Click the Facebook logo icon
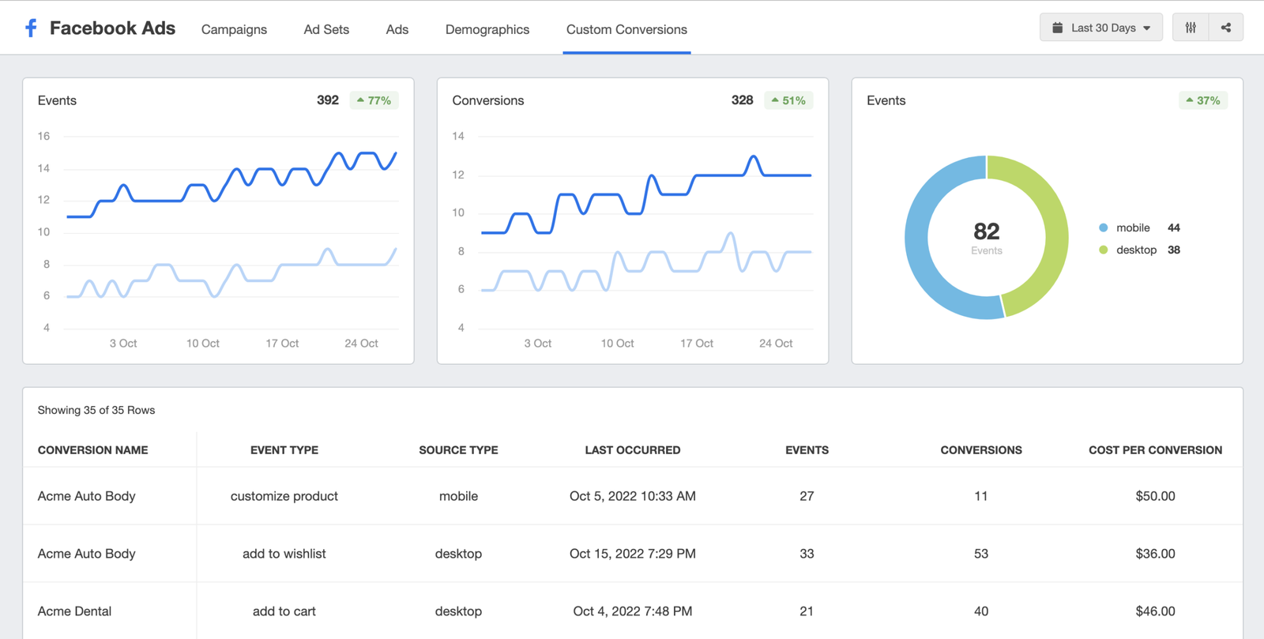coord(31,28)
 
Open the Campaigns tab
coord(234,29)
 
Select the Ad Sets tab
coord(326,29)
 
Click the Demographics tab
coord(487,29)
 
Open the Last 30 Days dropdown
coord(1101,28)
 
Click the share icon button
coord(1226,28)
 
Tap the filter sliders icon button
coord(1191,28)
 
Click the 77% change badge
coord(374,100)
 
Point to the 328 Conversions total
coord(742,100)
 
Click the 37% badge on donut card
coord(1203,100)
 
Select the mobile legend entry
coord(1132,227)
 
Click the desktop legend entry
coord(1135,250)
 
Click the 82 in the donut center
coord(987,231)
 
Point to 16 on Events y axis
coord(43,136)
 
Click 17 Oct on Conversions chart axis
coord(696,344)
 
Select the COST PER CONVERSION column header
coord(1155,450)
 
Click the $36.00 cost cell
coord(1155,554)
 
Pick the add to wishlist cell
coord(284,554)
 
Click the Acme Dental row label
coord(74,611)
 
